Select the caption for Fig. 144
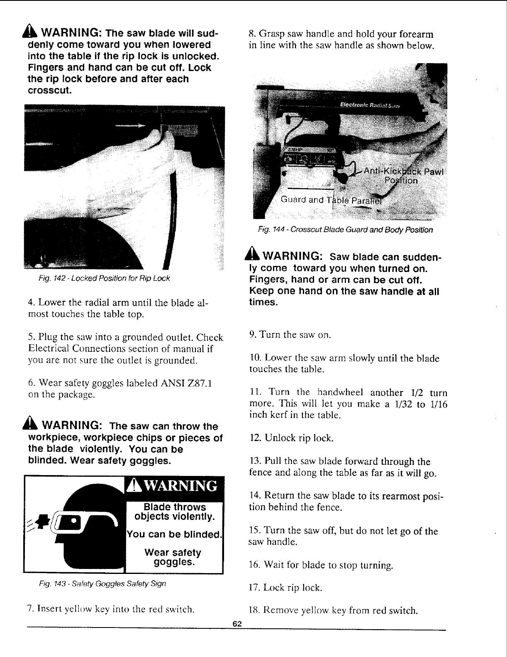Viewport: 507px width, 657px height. pos(344,230)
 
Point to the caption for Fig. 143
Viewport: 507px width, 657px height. pos(102,583)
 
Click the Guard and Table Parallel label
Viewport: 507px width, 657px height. pos(330,200)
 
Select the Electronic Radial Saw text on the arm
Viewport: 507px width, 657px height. pos(369,105)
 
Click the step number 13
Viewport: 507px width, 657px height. pos(253,461)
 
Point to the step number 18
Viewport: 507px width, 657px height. pos(253,610)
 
